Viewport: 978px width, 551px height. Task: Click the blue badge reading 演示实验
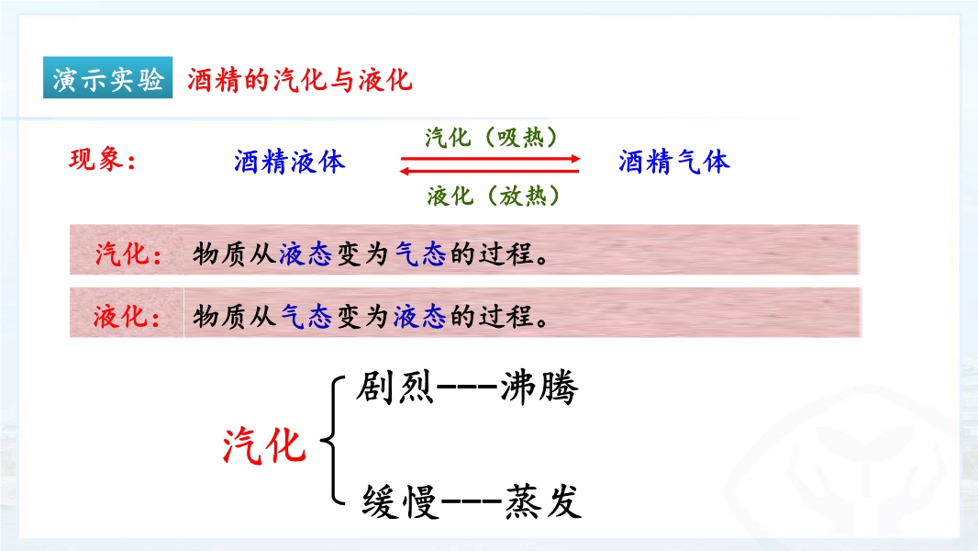[x=108, y=77]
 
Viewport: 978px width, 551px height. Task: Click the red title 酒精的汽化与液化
[x=299, y=80]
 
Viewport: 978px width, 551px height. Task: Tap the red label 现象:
[x=102, y=160]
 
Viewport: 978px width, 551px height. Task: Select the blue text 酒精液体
[x=289, y=162]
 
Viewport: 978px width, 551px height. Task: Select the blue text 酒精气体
[x=673, y=162]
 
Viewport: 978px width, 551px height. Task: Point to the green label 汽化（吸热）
[x=491, y=137]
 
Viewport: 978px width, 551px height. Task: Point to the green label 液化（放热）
[x=493, y=196]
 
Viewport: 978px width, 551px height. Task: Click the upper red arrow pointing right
[x=490, y=159]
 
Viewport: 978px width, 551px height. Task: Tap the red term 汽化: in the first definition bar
[x=128, y=254]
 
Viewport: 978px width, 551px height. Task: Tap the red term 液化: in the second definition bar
[x=127, y=317]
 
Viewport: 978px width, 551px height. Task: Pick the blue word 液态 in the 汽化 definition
[x=305, y=254]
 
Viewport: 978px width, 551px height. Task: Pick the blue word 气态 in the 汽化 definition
[x=421, y=254]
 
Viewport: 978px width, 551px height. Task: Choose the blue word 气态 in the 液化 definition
[x=306, y=317]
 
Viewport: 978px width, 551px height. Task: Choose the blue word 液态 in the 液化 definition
[x=420, y=317]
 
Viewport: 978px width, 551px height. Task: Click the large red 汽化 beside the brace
[x=264, y=445]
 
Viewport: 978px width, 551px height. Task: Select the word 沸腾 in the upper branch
[x=539, y=388]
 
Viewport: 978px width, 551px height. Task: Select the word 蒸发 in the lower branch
[x=542, y=501]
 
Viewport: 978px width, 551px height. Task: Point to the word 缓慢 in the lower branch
[x=400, y=501]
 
